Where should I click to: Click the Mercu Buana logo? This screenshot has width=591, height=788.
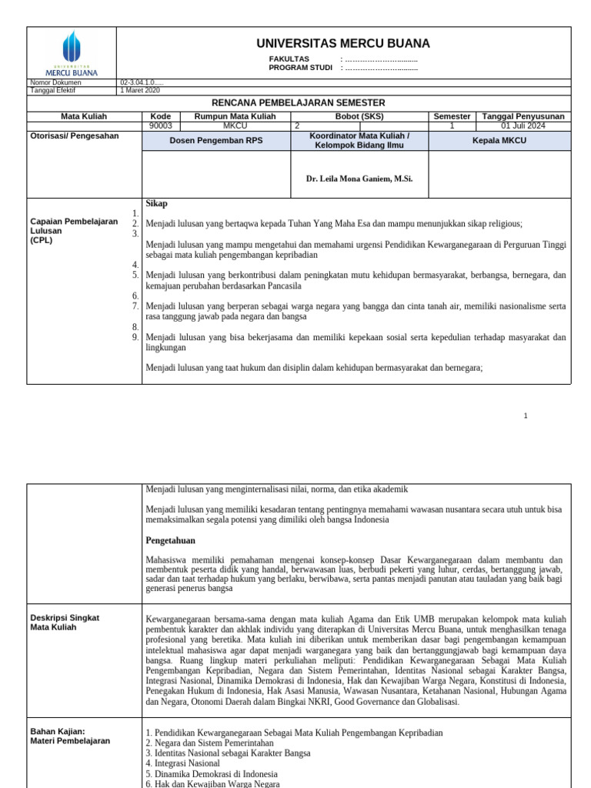(x=71, y=52)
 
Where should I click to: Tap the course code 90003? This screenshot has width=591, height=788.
(x=161, y=125)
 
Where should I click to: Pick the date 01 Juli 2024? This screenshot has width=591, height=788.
(x=523, y=125)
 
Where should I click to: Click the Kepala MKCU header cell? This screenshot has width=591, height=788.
(x=499, y=141)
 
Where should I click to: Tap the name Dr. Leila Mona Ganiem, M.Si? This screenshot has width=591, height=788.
(x=359, y=179)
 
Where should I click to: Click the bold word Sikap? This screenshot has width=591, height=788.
(x=156, y=204)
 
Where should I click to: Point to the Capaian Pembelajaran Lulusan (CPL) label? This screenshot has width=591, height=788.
(x=73, y=230)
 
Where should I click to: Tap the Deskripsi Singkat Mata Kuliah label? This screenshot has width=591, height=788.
(x=65, y=623)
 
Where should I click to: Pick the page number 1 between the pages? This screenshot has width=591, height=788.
(x=526, y=416)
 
